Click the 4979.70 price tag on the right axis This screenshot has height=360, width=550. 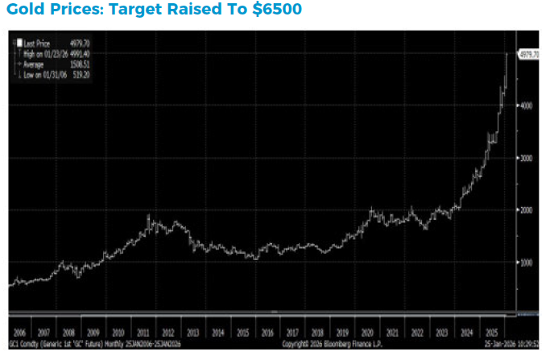(x=528, y=53)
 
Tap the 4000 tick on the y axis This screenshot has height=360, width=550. (x=525, y=106)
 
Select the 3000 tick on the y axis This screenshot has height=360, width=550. (x=525, y=158)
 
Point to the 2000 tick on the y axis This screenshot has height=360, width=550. (x=525, y=210)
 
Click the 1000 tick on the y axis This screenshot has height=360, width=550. (x=525, y=263)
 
